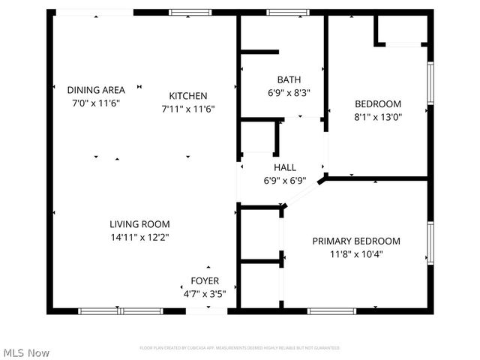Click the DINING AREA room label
tap(96, 89)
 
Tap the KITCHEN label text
tap(188, 95)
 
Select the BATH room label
tap(289, 79)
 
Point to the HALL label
tap(284, 167)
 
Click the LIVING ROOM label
tap(139, 223)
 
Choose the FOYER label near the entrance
tap(205, 280)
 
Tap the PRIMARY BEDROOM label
tap(356, 241)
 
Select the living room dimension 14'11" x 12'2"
tap(139, 237)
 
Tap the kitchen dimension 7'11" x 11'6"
tap(188, 108)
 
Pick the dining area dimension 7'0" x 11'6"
tap(96, 102)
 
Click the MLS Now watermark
tap(26, 352)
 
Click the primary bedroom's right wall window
tap(430, 242)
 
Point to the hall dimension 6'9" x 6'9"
tap(284, 180)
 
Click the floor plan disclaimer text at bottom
tap(240, 348)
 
